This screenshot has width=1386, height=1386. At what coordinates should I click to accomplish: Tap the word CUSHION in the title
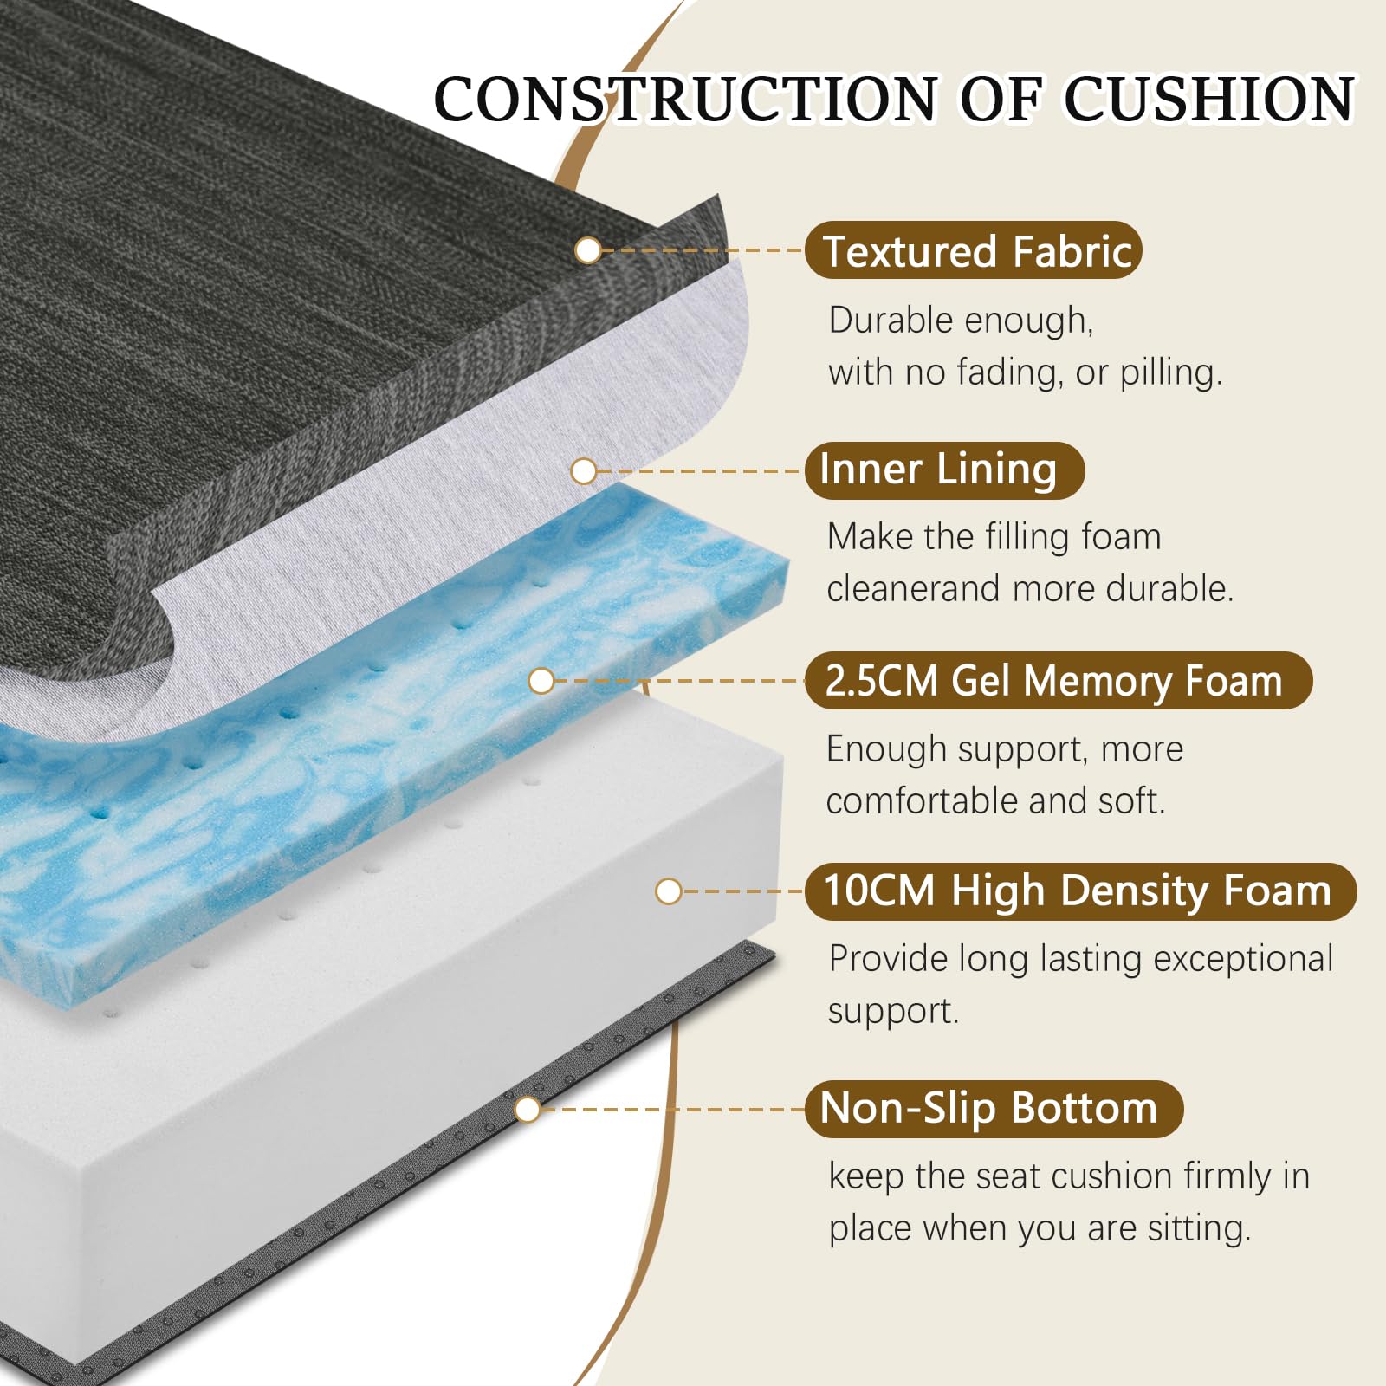click(x=1209, y=99)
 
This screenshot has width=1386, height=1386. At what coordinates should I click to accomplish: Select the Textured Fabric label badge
click(x=974, y=250)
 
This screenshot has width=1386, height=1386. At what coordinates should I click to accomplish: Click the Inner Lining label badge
click(x=944, y=470)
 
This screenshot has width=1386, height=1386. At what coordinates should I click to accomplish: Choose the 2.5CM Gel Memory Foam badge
click(x=1059, y=681)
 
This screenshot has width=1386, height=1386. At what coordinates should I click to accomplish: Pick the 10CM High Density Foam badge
click(x=1080, y=891)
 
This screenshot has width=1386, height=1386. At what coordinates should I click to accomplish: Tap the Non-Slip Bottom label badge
click(x=994, y=1109)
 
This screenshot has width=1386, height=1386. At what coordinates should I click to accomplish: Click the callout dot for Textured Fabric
click(x=588, y=250)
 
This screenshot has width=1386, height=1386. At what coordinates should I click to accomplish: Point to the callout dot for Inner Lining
click(x=584, y=471)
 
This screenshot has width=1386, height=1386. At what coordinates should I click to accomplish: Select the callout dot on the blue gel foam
click(x=541, y=681)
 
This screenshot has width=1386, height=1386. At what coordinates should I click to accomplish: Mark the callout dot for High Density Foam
click(x=669, y=891)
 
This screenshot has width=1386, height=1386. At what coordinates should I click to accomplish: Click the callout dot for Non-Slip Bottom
click(x=527, y=1110)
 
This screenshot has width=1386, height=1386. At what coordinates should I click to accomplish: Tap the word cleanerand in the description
click(x=914, y=589)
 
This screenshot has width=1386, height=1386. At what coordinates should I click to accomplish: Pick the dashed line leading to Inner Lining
click(x=700, y=471)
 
